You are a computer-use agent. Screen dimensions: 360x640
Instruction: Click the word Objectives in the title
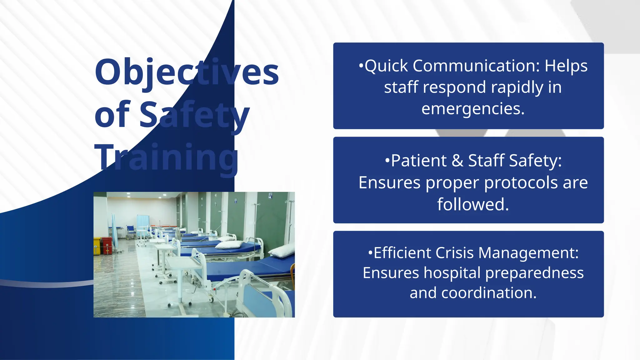pyautogui.click(x=187, y=72)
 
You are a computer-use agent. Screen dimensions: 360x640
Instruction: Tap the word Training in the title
pyautogui.click(x=166, y=157)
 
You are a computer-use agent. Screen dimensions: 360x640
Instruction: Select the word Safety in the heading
pyautogui.click(x=194, y=115)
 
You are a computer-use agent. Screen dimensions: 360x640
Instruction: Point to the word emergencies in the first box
pyautogui.click(x=472, y=109)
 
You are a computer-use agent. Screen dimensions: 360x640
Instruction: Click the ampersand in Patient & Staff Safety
pyautogui.click(x=457, y=161)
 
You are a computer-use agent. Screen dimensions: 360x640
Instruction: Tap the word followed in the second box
pyautogui.click(x=472, y=204)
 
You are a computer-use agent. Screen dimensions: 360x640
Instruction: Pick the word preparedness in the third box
pyautogui.click(x=534, y=273)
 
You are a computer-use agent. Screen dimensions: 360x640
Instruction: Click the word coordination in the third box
pyautogui.click(x=489, y=293)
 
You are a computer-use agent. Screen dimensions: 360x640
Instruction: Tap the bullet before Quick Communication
pyautogui.click(x=361, y=66)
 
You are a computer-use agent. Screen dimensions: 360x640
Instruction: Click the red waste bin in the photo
pyautogui.click(x=107, y=246)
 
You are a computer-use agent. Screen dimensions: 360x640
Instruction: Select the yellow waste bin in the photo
pyautogui.click(x=97, y=246)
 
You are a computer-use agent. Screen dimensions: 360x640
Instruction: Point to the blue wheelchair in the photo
pyautogui.click(x=131, y=232)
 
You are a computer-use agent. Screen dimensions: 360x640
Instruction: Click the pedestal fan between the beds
pyautogui.click(x=177, y=235)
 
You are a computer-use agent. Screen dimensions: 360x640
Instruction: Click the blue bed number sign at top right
pyautogui.click(x=270, y=196)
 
